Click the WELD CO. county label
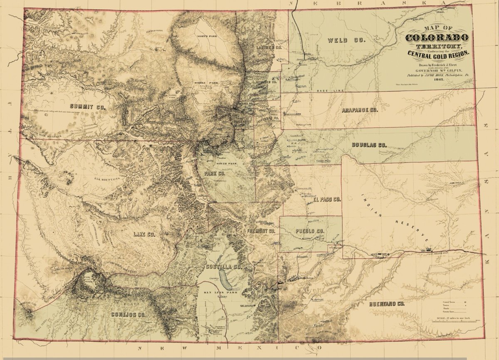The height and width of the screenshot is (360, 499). click(346, 40)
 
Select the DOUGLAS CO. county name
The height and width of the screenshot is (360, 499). click(369, 145)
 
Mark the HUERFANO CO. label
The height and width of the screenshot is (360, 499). click(387, 304)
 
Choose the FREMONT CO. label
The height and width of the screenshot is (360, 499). click(261, 231)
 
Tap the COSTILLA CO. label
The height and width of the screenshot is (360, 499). click(223, 266)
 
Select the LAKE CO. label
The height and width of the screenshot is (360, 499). click(144, 235)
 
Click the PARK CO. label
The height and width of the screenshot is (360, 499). click(215, 173)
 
